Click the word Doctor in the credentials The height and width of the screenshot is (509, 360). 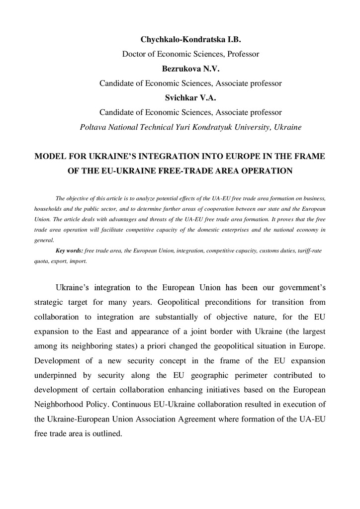134,54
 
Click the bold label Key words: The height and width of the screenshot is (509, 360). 69,251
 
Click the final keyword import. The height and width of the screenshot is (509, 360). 79,261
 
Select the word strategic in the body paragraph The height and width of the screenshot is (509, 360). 51,302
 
